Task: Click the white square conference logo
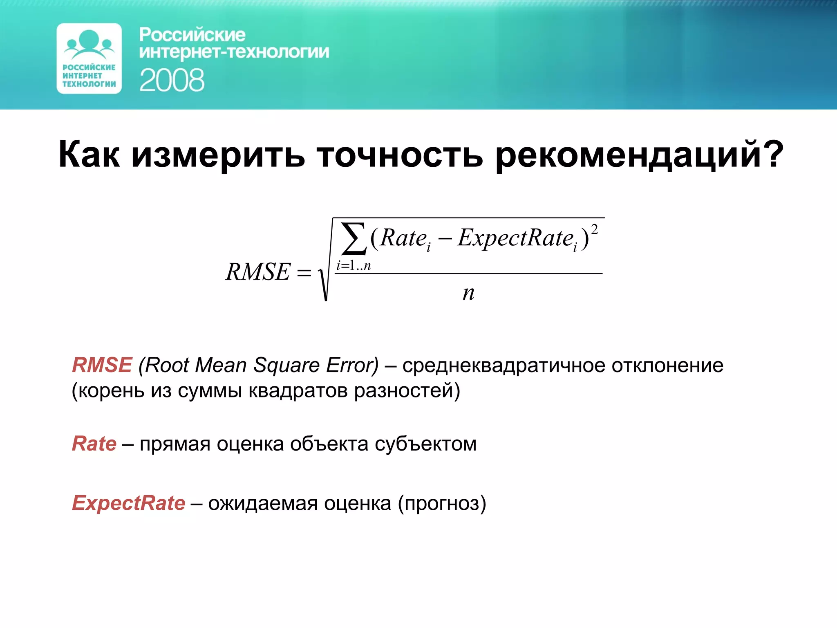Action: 89,58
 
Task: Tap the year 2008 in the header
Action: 172,80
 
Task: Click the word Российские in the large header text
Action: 192,35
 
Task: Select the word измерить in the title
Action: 218,155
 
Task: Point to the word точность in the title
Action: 400,155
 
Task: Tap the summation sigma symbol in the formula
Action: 354,239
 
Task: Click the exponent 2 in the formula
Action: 594,229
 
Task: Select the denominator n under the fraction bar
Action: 468,293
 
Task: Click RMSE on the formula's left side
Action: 258,272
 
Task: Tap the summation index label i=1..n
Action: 354,266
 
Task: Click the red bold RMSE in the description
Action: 102,365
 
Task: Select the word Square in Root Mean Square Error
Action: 286,366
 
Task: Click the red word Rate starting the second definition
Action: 94,444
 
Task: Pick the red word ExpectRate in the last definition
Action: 129,503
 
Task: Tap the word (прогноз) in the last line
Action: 442,503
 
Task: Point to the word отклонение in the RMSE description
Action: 667,365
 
